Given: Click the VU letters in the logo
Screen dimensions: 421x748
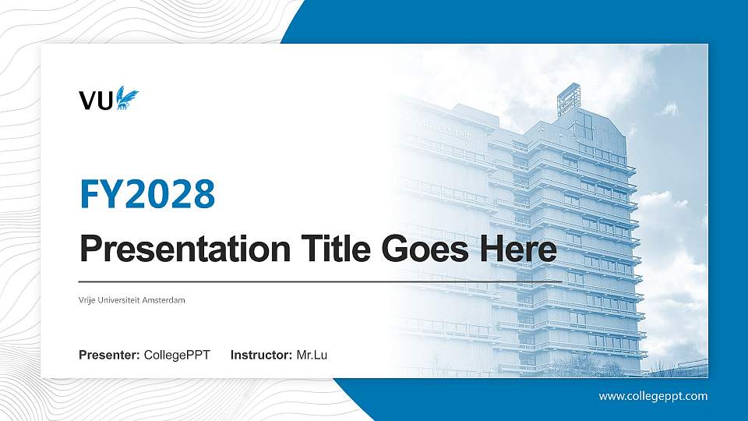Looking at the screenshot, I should (96, 100).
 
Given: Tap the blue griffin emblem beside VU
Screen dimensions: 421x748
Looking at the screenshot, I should (127, 99).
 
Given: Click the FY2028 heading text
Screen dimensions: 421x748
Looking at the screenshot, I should (147, 194).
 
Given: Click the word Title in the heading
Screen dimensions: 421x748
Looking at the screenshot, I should (326, 249).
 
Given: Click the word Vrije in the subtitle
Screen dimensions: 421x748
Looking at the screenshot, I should (87, 299).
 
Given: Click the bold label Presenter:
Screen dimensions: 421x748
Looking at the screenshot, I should (109, 356).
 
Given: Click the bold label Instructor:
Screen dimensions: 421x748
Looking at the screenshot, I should (262, 356).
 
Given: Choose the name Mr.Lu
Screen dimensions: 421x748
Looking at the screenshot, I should (312, 356).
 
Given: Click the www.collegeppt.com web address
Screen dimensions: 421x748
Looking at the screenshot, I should (653, 396).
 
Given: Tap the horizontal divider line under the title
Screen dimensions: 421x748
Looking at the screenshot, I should (319, 281).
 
